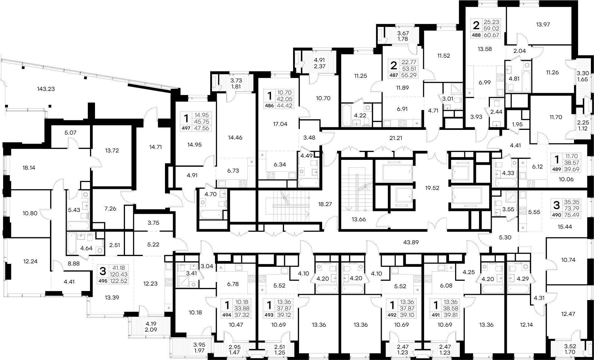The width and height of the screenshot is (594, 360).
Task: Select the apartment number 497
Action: [x=187, y=128]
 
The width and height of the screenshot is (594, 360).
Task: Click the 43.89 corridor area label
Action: [x=411, y=242]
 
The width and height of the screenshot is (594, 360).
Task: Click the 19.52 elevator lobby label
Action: [x=432, y=188]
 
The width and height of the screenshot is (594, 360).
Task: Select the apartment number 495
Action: [x=103, y=281]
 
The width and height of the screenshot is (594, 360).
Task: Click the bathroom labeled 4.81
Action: [x=514, y=79]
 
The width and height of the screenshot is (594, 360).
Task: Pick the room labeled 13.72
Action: [x=112, y=150]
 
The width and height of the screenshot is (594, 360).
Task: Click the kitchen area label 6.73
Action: [x=233, y=170]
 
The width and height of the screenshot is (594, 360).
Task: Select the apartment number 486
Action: [x=269, y=106]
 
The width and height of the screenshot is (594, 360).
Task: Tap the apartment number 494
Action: [x=227, y=315]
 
